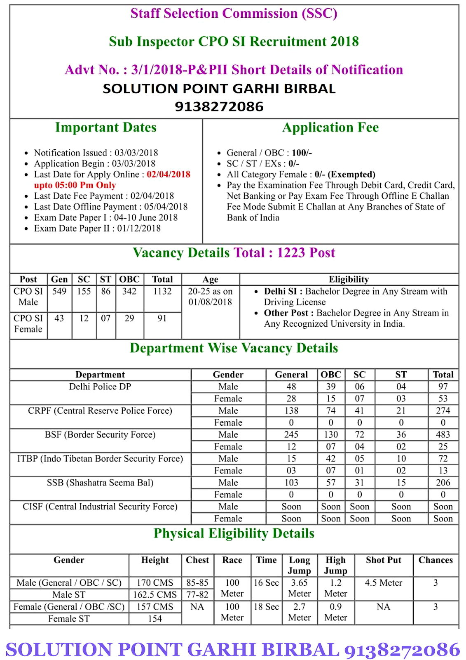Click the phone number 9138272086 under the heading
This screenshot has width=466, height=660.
[219, 106]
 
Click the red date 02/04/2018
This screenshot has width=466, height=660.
[169, 174]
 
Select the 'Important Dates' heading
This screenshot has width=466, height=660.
[106, 127]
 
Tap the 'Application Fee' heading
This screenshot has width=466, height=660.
[330, 127]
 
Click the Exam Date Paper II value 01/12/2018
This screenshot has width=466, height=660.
[139, 228]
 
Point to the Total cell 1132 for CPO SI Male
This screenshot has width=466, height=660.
[162, 291]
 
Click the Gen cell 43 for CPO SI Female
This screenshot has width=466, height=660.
[59, 318]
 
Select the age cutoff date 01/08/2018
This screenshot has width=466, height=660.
[210, 302]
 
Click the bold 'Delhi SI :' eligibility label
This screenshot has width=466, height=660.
[283, 291]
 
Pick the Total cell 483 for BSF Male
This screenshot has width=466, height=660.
[443, 434]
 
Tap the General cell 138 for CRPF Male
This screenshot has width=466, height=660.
[291, 410]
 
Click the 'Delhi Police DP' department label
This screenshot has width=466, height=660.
[100, 387]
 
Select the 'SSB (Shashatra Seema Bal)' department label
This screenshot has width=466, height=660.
[100, 482]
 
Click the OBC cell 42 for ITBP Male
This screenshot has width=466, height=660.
[331, 458]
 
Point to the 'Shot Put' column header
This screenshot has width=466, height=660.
[384, 560]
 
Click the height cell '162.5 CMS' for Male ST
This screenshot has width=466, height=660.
[155, 594]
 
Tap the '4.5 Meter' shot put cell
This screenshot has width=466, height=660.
[384, 582]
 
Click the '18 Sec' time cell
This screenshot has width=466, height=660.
[266, 606]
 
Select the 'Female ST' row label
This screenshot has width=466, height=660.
[69, 618]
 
